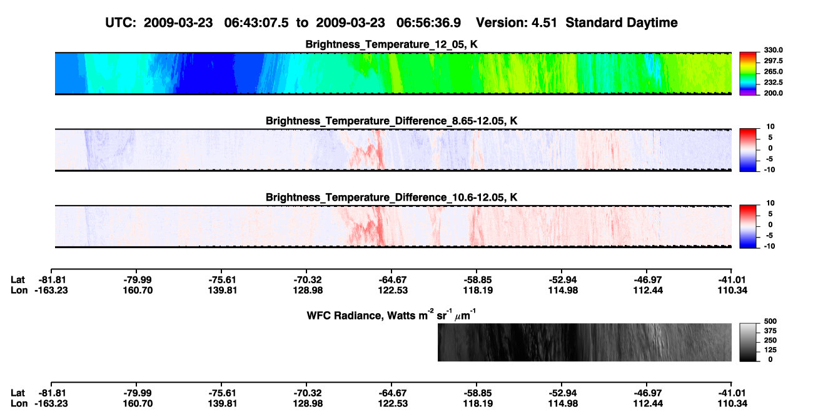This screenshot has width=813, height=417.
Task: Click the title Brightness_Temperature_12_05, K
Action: click(391, 44)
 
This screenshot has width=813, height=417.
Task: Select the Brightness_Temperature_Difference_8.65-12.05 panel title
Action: click(391, 121)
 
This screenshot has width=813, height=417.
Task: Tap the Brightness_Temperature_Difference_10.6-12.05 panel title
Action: click(391, 198)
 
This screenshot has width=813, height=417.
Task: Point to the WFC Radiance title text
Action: click(391, 315)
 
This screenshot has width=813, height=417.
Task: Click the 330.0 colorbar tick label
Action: click(773, 50)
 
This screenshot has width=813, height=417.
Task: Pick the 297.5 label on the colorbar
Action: click(773, 61)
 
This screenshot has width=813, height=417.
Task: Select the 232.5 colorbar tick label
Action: click(773, 83)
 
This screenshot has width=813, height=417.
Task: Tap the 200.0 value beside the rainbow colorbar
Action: click(773, 93)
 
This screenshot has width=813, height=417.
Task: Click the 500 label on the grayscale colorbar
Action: click(770, 321)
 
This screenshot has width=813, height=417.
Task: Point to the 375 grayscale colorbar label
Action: click(770, 331)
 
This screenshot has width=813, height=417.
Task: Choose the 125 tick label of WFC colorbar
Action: click(770, 350)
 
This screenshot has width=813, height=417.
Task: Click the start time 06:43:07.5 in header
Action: click(256, 23)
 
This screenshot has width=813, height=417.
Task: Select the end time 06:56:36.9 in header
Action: click(428, 23)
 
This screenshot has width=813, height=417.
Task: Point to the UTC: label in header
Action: click(121, 23)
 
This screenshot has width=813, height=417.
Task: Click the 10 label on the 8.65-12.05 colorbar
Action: click(770, 127)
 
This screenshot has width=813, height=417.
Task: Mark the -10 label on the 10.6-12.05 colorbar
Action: click(769, 246)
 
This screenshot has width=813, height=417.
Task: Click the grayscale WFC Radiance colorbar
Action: click(748, 342)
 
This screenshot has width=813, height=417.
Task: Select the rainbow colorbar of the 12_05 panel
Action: click(748, 74)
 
